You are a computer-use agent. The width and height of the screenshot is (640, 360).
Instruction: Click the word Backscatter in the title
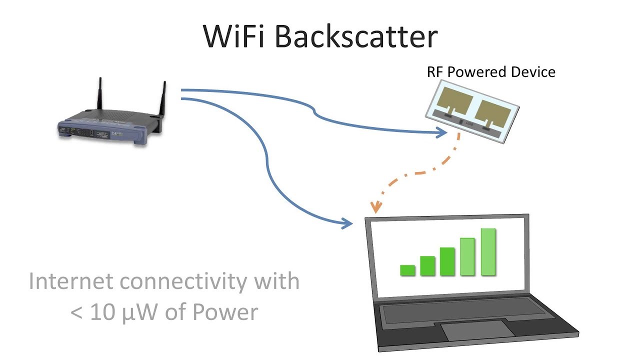(356, 35)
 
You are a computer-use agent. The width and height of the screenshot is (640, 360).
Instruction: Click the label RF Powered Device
(491, 72)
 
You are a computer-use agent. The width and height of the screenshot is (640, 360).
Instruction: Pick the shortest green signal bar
(408, 270)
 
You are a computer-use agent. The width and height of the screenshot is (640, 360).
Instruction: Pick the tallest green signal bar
(488, 252)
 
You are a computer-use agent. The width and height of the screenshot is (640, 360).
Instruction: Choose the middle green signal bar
(447, 261)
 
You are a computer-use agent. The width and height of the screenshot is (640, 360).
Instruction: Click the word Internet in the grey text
(70, 281)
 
